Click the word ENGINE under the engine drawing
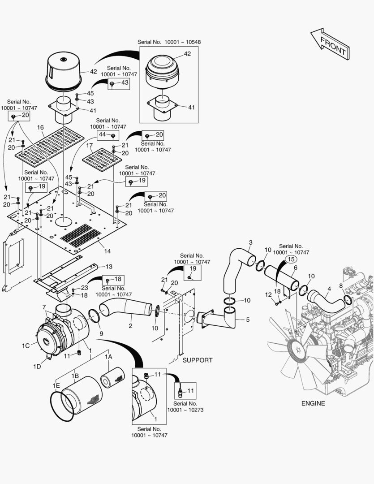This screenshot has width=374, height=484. [313, 403]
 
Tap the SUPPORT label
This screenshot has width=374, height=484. [197, 360]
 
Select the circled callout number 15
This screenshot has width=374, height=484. [291, 259]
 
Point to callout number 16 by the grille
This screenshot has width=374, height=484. [40, 128]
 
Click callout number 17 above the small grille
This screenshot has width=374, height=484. [89, 146]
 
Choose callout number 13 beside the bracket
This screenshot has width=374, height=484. [109, 266]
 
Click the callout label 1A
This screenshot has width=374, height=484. [108, 357]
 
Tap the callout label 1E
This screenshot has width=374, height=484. [56, 385]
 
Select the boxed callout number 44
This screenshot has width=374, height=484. [103, 134]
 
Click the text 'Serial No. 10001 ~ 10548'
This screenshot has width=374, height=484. [169, 42]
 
